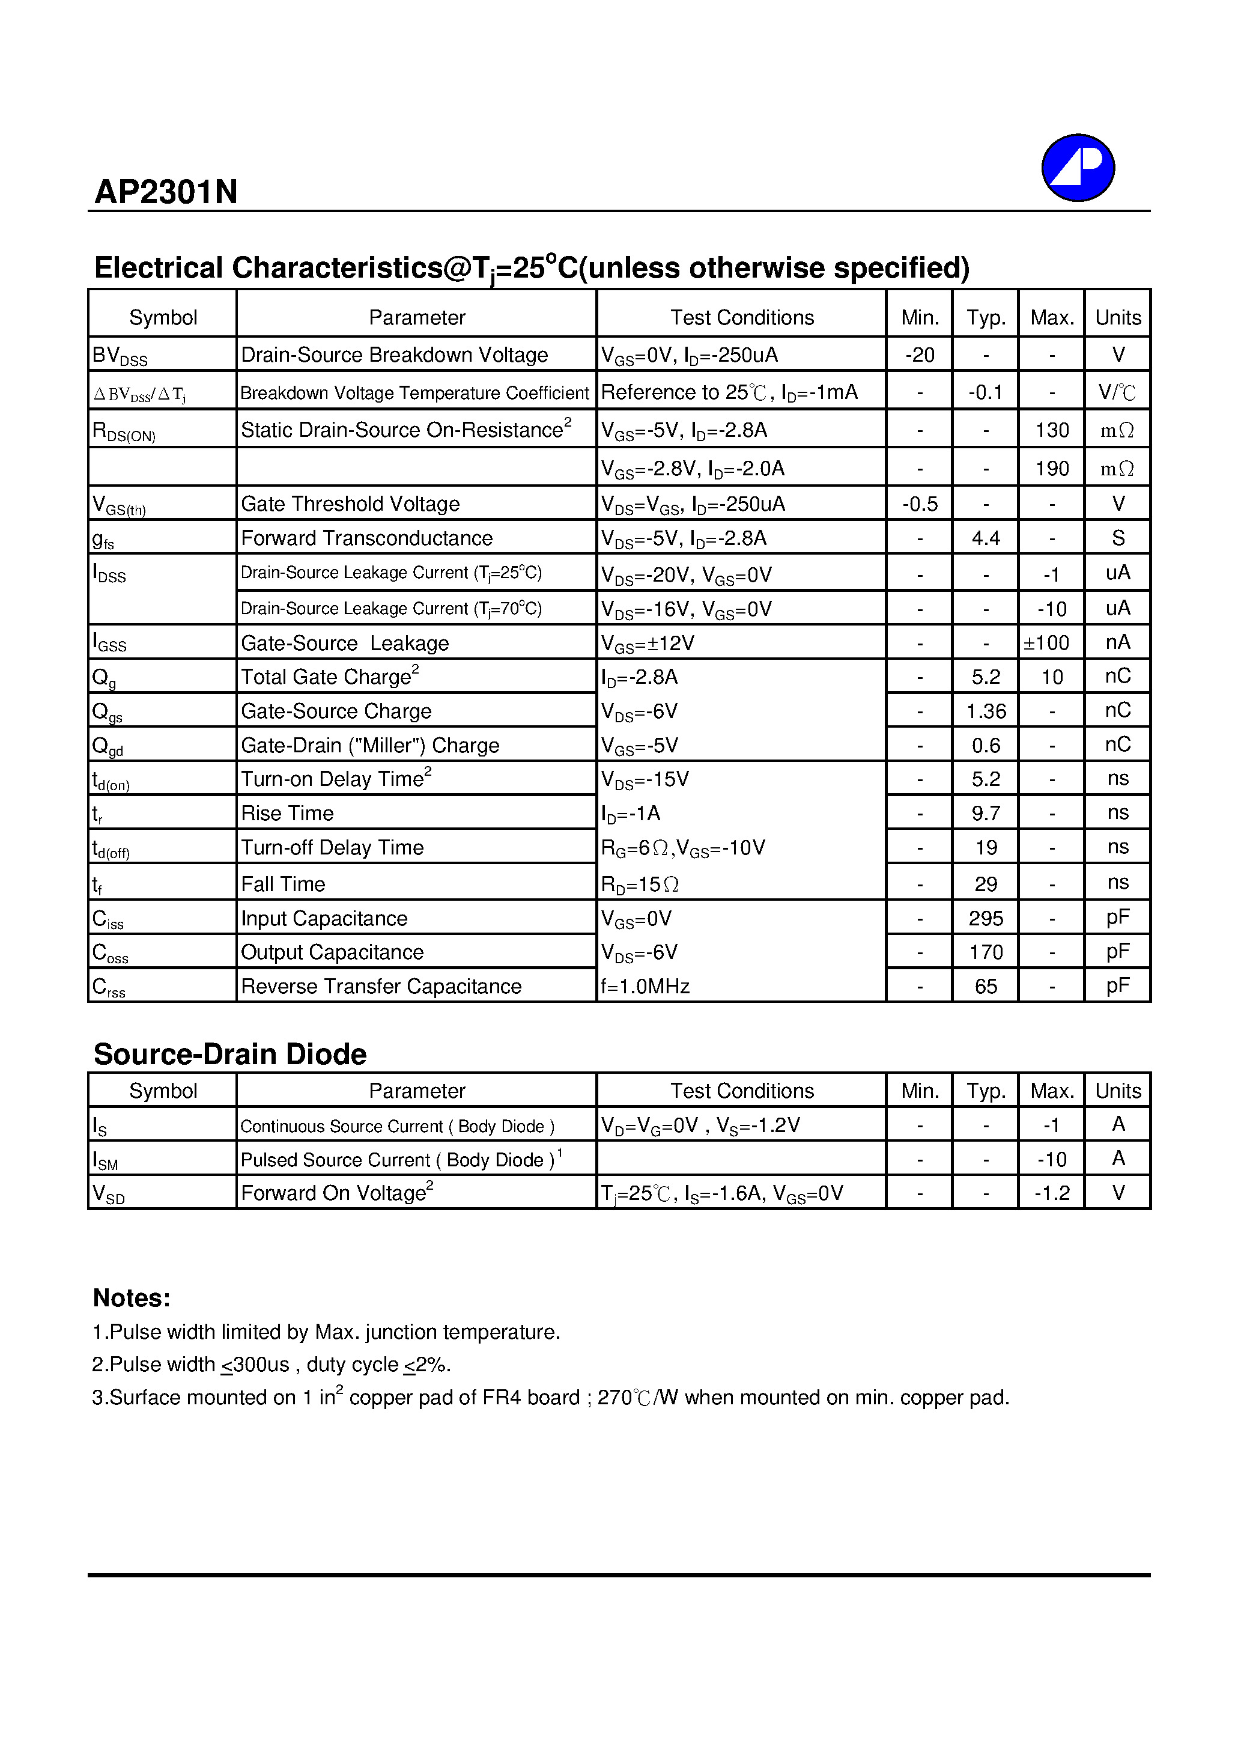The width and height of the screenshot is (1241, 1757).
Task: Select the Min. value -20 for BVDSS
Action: click(x=919, y=355)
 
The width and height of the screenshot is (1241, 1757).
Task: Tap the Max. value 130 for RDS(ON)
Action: click(x=1051, y=430)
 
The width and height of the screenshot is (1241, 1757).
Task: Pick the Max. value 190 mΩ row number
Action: click(x=1051, y=468)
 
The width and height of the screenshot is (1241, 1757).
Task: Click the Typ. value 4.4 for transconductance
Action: click(x=986, y=538)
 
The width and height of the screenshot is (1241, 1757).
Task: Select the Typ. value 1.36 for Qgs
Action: click(x=986, y=711)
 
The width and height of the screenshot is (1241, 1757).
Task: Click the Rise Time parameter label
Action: click(x=287, y=812)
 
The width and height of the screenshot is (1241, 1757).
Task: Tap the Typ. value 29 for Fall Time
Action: click(x=986, y=884)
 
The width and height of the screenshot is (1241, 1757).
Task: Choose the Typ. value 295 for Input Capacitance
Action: click(x=986, y=918)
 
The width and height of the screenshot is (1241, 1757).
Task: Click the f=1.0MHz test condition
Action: click(x=645, y=987)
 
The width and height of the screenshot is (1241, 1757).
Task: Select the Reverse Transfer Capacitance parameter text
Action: click(x=381, y=987)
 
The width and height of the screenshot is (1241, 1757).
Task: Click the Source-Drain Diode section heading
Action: click(x=229, y=1055)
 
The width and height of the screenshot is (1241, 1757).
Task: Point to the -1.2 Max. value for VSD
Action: click(x=1051, y=1193)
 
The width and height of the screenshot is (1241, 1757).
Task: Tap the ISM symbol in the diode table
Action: click(x=105, y=1161)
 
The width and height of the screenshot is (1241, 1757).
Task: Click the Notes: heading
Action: click(x=131, y=1298)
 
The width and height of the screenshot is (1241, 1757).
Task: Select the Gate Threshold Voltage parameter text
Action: click(x=350, y=504)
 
